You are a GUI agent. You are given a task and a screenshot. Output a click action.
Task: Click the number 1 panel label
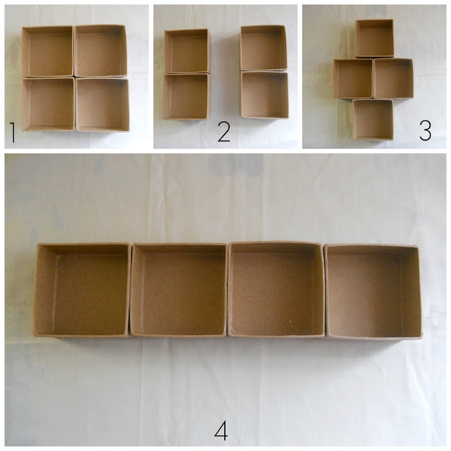[13, 132]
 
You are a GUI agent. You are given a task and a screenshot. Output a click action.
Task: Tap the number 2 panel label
[224, 132]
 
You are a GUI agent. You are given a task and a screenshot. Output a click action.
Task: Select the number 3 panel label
[425, 130]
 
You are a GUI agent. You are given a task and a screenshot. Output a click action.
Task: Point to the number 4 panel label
[221, 430]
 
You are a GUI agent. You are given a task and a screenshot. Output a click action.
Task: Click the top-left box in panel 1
[47, 51]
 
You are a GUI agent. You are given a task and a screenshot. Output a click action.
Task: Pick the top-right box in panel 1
[100, 51]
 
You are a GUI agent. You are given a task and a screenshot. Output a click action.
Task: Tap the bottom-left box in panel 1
[48, 104]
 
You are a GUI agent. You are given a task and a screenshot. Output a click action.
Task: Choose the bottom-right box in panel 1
[102, 104]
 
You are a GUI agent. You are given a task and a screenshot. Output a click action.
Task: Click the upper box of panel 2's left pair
[187, 51]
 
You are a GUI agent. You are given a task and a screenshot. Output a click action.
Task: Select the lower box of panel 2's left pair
[186, 97]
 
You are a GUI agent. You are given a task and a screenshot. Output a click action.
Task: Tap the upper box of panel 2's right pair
[263, 48]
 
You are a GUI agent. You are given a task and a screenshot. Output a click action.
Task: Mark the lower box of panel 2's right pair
[264, 94]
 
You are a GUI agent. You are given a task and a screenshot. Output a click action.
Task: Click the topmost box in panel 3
[374, 39]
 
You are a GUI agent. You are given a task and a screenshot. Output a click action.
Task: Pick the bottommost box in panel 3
[373, 120]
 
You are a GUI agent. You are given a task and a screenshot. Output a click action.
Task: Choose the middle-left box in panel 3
[353, 78]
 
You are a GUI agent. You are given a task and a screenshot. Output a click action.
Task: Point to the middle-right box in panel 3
[393, 78]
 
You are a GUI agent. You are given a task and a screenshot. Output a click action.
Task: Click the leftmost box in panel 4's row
[82, 290]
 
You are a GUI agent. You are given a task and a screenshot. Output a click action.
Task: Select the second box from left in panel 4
[178, 290]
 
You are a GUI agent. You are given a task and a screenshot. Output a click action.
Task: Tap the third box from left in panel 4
[276, 290]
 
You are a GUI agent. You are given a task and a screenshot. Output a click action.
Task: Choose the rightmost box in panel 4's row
[373, 292]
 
